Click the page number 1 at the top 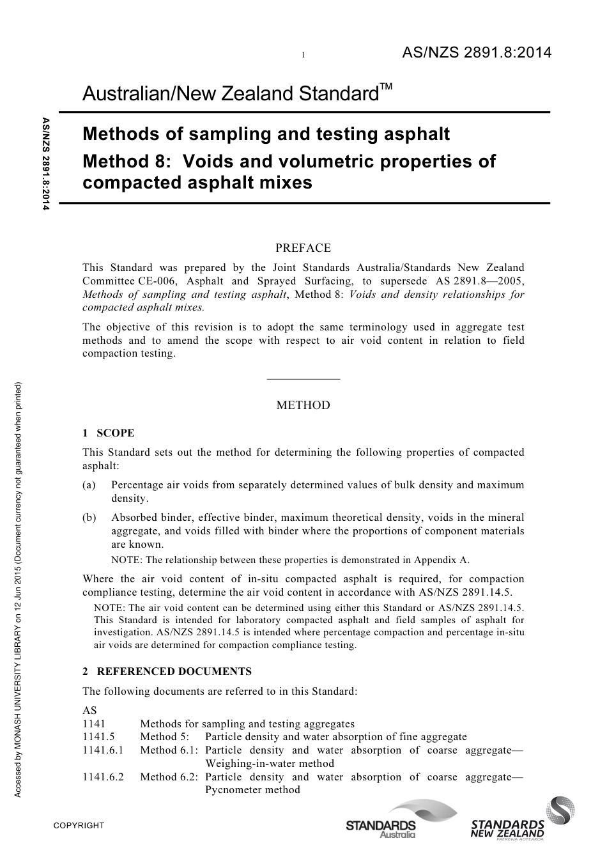click(303, 56)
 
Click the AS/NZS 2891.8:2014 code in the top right click(476, 53)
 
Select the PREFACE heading click(303, 248)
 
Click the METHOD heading click(303, 405)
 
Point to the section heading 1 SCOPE click(109, 433)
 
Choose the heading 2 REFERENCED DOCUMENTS click(167, 671)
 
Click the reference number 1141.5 click(98, 737)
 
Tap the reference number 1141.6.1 click(103, 750)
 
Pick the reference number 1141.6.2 click(103, 777)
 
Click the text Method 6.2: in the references click(169, 777)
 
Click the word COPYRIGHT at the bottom click(79, 826)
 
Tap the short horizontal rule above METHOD click(303, 379)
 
